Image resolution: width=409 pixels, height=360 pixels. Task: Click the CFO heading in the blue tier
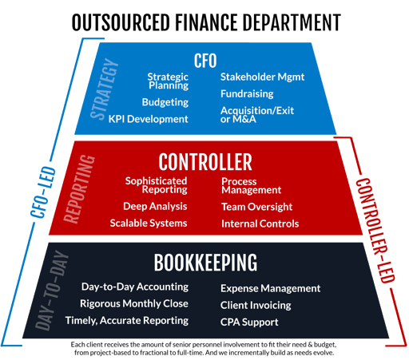205,61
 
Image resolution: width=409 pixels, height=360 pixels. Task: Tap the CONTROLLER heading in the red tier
205,162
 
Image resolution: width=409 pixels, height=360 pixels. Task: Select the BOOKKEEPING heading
205,263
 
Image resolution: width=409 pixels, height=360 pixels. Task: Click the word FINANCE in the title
206,22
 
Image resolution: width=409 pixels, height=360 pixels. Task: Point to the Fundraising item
247,93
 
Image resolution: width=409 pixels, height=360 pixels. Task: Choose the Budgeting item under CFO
165,102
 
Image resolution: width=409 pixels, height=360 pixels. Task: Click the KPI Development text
148,119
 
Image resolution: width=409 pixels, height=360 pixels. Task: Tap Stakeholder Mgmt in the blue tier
262,77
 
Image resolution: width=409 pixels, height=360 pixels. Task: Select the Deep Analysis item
155,207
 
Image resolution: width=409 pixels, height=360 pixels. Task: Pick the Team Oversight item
257,207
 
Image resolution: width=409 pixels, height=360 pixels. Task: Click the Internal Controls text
260,224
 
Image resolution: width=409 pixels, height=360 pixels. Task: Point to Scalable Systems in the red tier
149,224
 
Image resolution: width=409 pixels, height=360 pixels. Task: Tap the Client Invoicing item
256,306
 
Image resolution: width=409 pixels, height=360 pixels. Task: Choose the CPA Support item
249,322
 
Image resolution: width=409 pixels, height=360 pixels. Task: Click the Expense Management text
270,289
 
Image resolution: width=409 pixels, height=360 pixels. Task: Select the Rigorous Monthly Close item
134,304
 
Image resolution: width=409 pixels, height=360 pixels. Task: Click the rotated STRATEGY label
104,89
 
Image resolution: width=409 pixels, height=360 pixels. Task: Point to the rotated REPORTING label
79,189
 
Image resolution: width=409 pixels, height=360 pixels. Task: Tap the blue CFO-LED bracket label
43,192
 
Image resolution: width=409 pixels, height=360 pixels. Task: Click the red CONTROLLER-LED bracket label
375,231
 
